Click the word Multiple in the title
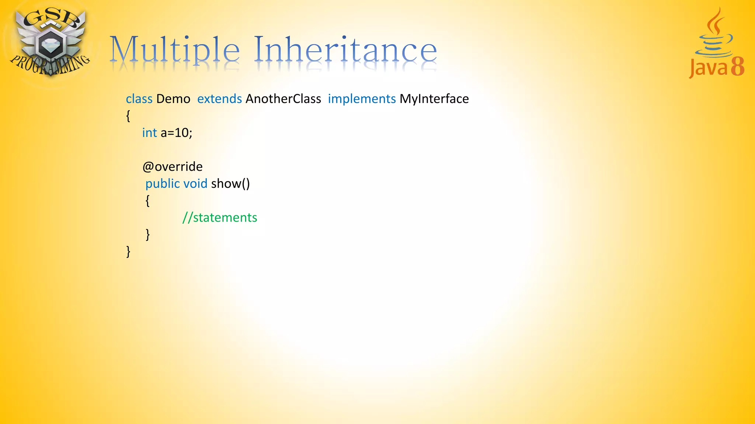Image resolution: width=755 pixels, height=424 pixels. (175, 50)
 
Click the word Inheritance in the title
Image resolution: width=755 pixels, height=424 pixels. (345, 50)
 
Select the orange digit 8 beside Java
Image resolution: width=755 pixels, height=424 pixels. (737, 67)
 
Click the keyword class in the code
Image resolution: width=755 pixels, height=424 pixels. (139, 99)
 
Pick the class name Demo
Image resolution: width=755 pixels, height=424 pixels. (173, 99)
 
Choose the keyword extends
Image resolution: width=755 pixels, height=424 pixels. (219, 99)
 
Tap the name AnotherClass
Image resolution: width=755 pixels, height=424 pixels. (283, 99)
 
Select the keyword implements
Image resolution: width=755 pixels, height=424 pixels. (362, 99)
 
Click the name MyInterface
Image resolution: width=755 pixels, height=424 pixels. (434, 99)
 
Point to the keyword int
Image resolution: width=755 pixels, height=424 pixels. (149, 133)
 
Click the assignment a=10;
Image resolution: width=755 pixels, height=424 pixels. (176, 133)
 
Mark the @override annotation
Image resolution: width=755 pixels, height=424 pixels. (173, 167)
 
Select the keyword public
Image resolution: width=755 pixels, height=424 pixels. (163, 184)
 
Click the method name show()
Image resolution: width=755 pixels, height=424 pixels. (230, 184)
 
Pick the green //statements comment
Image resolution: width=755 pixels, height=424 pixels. (220, 218)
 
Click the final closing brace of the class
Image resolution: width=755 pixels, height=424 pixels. (128, 252)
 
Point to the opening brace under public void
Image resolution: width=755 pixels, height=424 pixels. (147, 201)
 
